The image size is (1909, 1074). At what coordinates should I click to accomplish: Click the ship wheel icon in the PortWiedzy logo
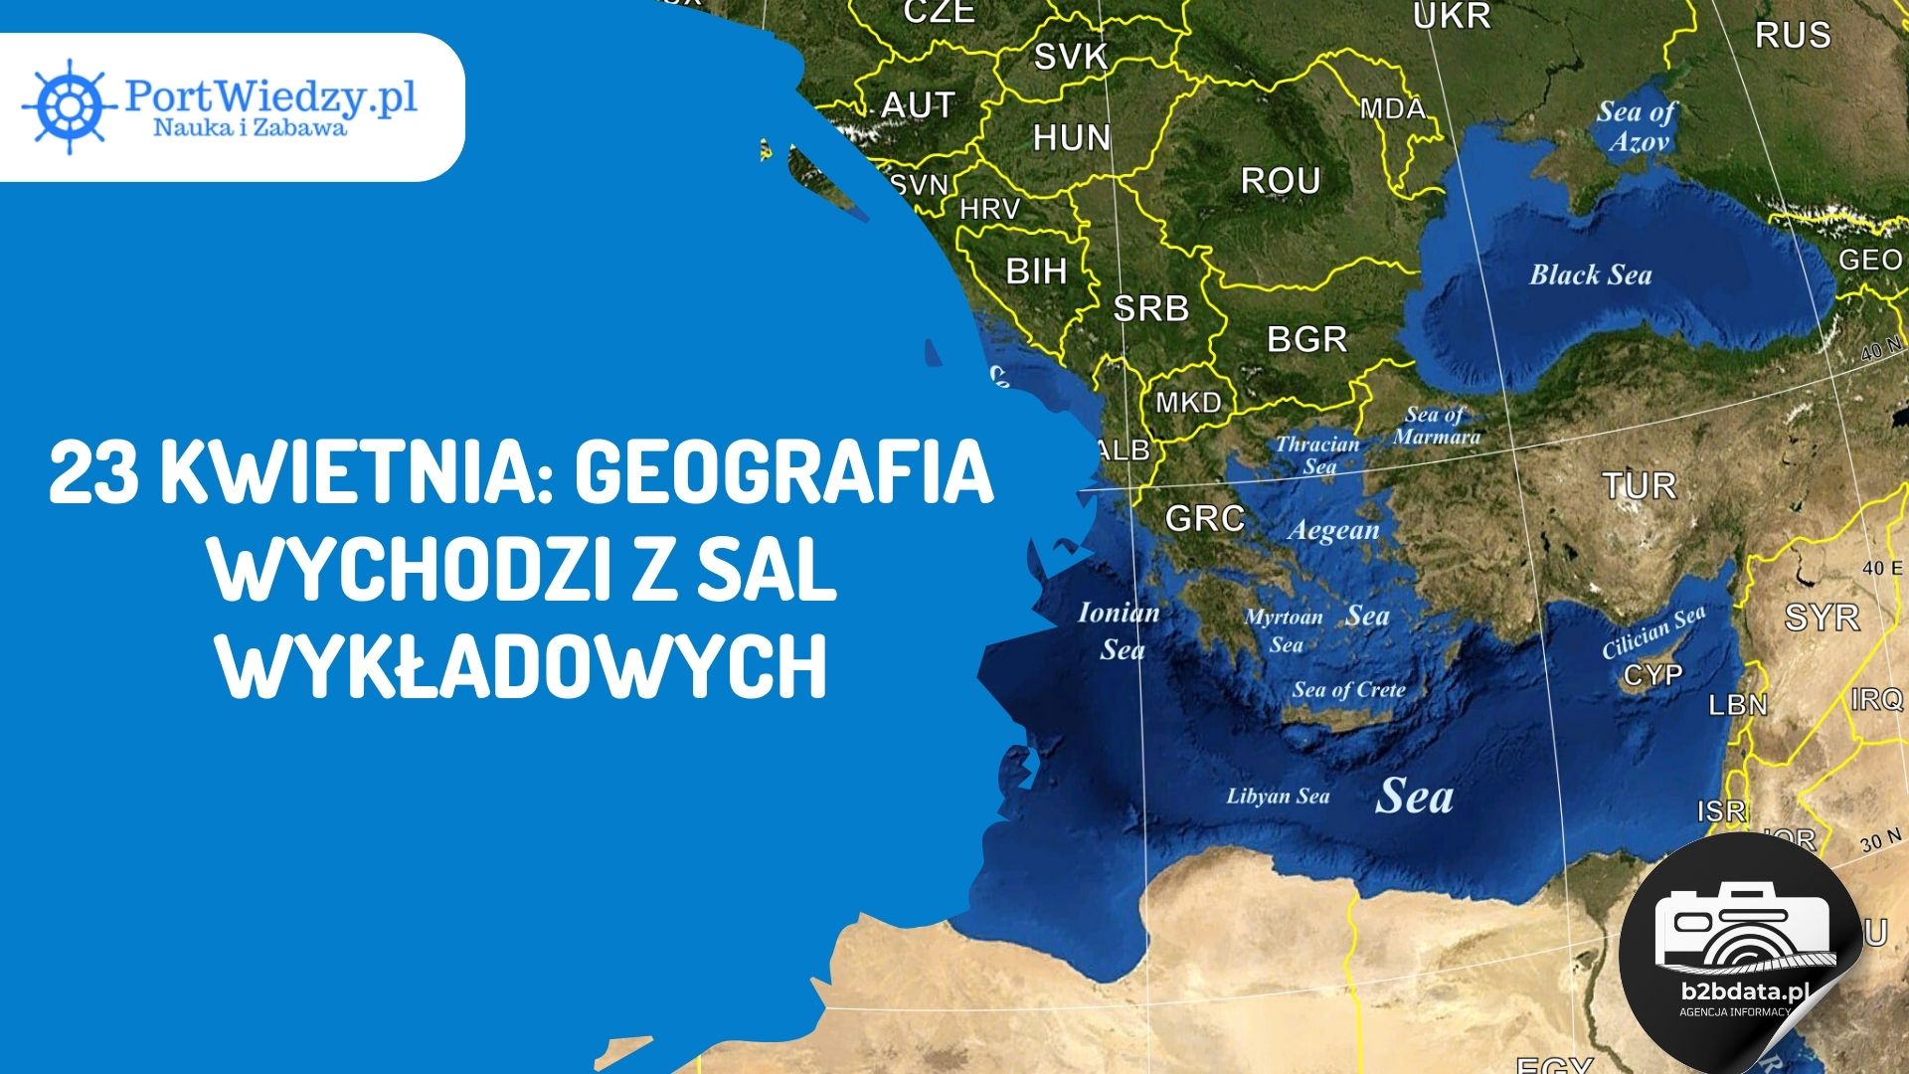coord(68,105)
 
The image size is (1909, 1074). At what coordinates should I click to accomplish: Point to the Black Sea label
coord(1590,275)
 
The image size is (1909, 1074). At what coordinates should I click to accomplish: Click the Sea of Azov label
coord(1637,126)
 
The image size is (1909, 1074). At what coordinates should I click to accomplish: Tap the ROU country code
coord(1281,181)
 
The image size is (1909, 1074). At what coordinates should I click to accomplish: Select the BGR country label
coord(1306,339)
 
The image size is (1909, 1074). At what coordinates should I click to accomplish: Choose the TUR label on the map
coord(1639,486)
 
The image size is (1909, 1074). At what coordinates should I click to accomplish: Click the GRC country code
coord(1204,518)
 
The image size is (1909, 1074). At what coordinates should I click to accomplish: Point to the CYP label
coord(1652,675)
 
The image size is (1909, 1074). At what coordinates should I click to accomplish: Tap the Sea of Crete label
coord(1348,690)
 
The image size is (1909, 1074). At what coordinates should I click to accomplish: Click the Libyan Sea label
coord(1278,797)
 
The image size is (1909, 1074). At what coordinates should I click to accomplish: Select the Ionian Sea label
coord(1120,630)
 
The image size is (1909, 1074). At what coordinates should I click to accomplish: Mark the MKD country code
coord(1188,403)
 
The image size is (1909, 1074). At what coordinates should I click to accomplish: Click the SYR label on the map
coord(1822,618)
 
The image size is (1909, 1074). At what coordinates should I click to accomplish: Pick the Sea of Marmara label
coord(1436,426)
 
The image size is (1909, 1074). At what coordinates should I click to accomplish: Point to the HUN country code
coord(1071,137)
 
